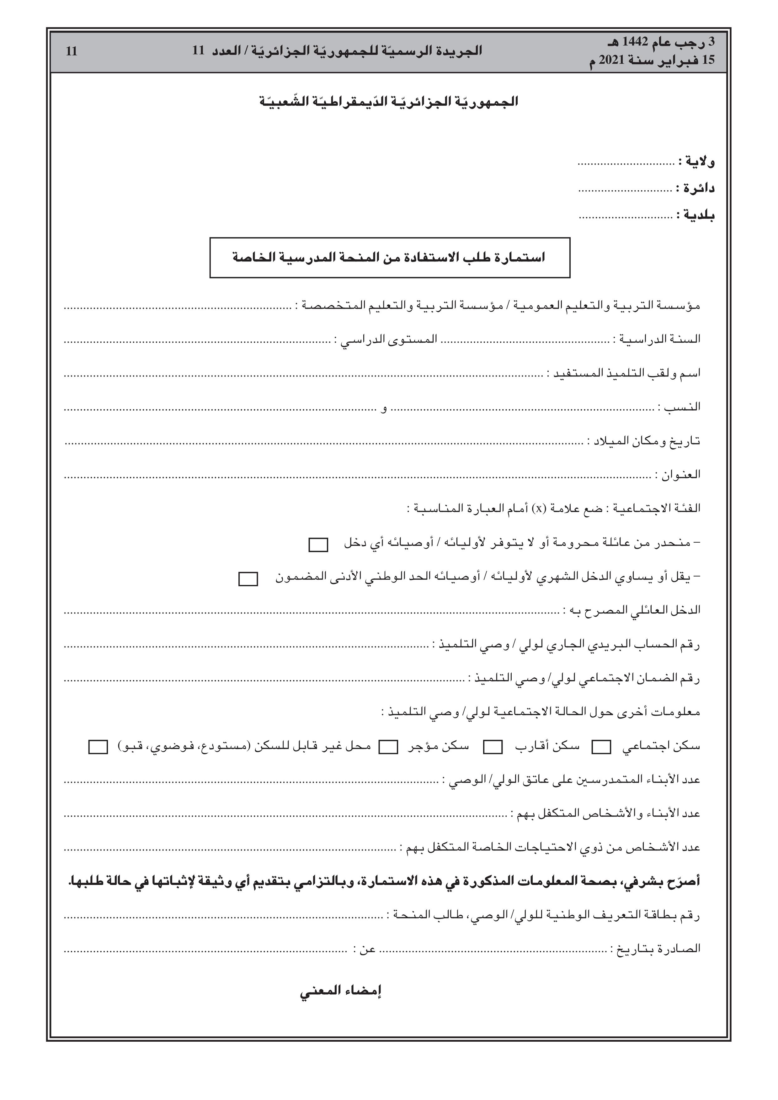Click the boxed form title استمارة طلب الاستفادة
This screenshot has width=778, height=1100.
[389, 258]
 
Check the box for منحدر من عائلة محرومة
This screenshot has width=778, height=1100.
[318, 545]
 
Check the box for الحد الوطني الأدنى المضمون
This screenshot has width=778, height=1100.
[248, 579]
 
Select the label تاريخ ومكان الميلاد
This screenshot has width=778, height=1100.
[647, 441]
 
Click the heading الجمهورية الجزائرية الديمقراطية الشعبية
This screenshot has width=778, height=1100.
[389, 102]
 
